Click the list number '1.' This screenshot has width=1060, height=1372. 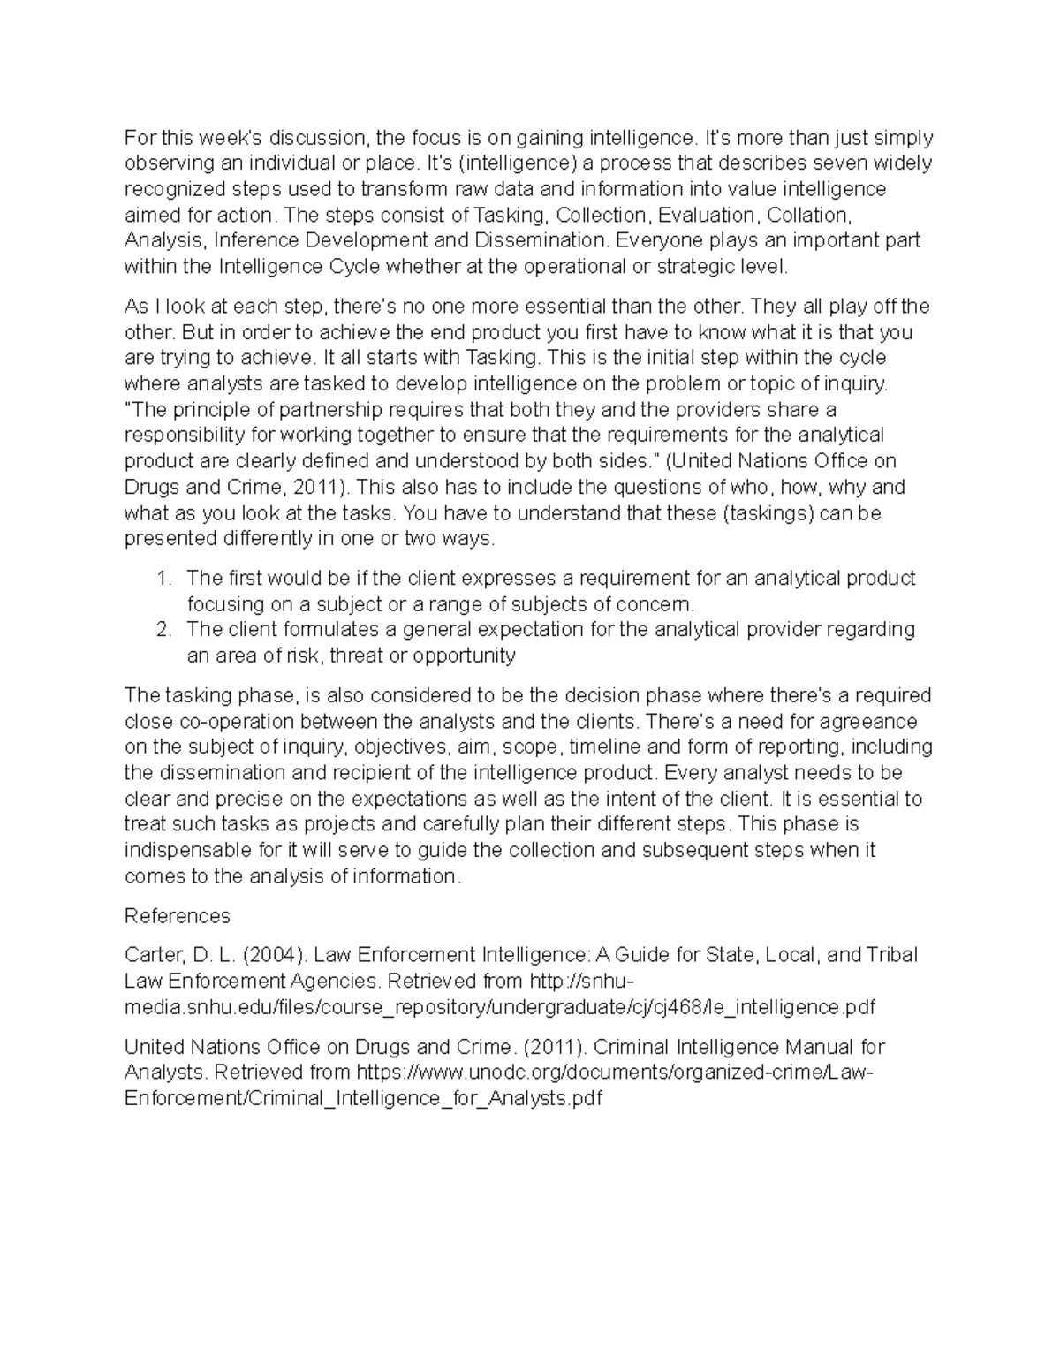click(x=163, y=579)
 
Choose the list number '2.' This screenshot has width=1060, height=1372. click(x=163, y=630)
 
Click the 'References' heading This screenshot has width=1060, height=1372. click(x=177, y=915)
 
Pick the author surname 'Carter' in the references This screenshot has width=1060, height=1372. click(x=151, y=955)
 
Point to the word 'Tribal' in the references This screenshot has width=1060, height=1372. click(x=891, y=955)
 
